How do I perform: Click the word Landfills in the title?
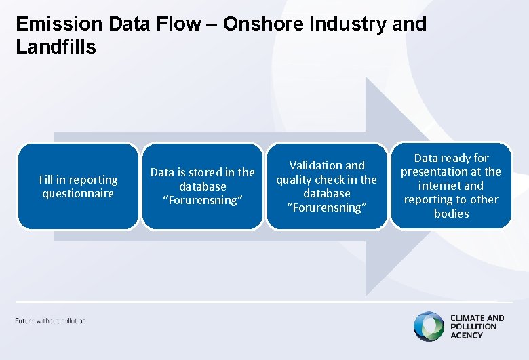[x=56, y=47]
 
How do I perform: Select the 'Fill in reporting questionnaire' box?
[x=78, y=186]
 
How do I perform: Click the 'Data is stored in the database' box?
[x=202, y=186]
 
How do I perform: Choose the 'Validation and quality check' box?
[x=326, y=186]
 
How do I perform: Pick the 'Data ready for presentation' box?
[x=451, y=186]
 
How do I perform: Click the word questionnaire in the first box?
[x=78, y=194]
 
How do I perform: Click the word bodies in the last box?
[x=451, y=214]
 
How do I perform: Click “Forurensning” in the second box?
[x=202, y=201]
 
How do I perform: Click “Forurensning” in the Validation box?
[x=326, y=207]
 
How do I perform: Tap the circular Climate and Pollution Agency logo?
[x=428, y=326]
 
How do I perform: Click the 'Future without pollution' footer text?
[x=50, y=321]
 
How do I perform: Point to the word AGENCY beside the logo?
[x=467, y=336]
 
